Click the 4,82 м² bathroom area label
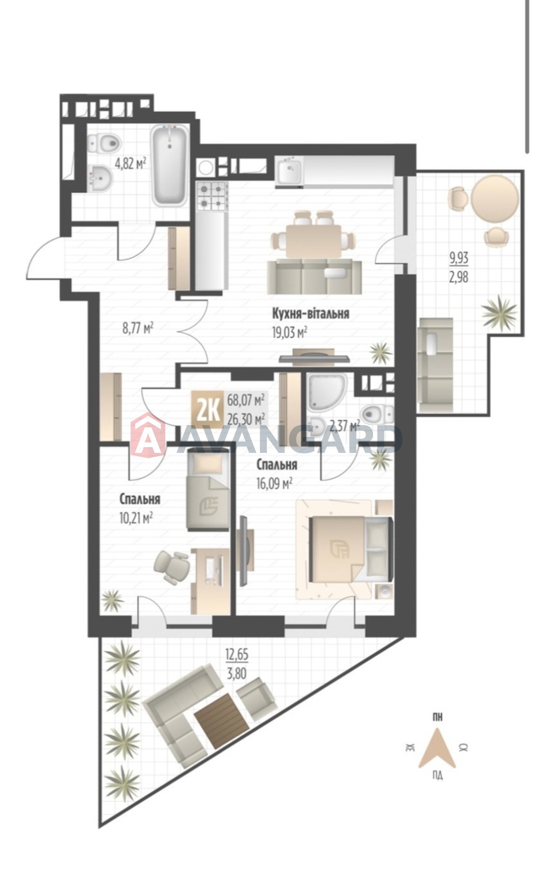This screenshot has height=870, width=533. [130, 164]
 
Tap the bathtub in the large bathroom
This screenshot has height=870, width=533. [170, 165]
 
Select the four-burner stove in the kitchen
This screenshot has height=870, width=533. [212, 197]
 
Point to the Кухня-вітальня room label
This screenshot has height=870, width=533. [311, 313]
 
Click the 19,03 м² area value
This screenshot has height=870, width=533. [290, 333]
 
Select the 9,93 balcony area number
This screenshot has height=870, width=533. [459, 258]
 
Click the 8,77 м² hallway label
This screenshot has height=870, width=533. [138, 328]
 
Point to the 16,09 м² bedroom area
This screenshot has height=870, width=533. [274, 484]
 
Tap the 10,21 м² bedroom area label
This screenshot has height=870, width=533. [136, 518]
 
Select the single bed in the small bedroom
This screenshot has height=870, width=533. [208, 490]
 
